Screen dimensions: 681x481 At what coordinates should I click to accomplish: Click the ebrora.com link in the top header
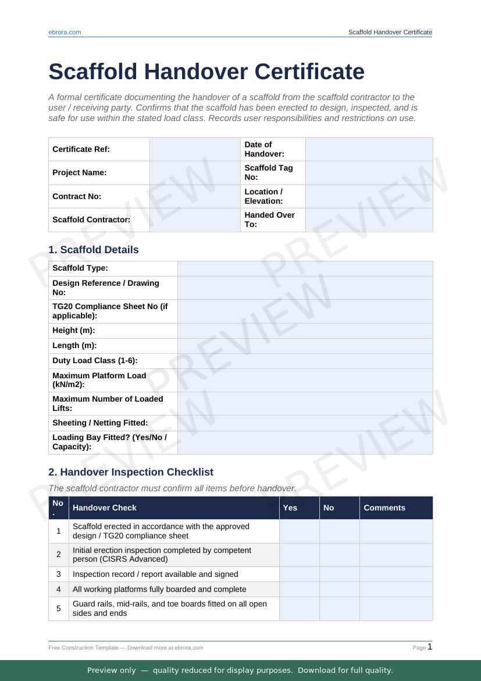click(65, 32)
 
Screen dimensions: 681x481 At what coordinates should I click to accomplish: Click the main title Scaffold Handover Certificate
click(206, 72)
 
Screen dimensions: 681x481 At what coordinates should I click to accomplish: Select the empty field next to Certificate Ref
click(195, 150)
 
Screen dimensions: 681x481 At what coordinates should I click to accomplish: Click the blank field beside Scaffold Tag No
click(369, 173)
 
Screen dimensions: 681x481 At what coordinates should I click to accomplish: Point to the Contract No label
click(77, 196)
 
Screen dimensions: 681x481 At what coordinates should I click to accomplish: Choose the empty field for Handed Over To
click(369, 219)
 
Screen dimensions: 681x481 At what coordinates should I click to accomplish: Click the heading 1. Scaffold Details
click(94, 250)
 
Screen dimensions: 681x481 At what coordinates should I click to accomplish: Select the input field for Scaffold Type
click(305, 268)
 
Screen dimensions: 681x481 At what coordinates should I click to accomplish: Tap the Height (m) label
click(74, 330)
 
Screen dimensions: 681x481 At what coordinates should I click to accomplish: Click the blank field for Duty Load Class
click(305, 361)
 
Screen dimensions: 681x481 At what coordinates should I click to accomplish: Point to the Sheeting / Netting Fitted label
click(100, 423)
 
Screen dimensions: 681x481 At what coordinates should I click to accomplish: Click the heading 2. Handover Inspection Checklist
click(131, 472)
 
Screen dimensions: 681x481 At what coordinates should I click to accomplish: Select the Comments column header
click(384, 508)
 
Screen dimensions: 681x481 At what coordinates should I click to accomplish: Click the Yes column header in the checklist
click(290, 508)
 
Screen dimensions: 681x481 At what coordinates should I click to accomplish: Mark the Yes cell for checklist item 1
click(299, 531)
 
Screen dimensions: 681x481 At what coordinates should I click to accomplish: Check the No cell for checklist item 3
click(339, 574)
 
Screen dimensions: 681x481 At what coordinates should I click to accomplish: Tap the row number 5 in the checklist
click(59, 609)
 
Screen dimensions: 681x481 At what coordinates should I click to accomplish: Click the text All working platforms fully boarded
click(159, 589)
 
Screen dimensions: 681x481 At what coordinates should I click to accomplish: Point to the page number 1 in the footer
click(430, 647)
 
